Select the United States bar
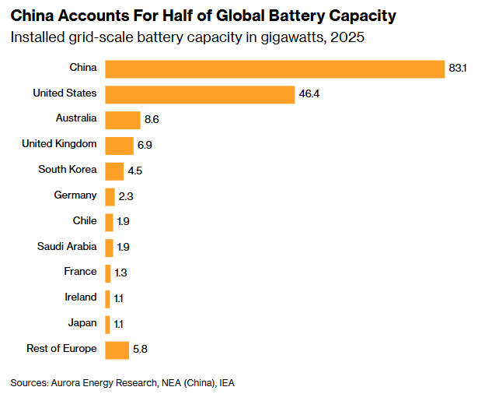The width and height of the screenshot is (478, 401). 199,94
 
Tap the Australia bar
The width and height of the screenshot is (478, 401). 122,120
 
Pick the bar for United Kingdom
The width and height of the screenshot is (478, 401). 119,146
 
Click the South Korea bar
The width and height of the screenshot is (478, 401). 114,171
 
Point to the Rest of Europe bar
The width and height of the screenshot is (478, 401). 117,350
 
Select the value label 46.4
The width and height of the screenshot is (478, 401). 308,94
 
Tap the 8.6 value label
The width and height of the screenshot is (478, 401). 152,120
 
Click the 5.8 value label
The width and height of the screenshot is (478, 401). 141,350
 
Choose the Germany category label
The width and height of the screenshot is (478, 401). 75,195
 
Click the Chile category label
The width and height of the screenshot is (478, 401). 85,221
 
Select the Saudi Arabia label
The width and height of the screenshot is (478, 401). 67,247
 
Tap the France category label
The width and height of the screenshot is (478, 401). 81,272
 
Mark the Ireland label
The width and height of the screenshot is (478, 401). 81,297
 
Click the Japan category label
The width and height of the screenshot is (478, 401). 83,323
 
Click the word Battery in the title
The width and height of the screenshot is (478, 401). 295,16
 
